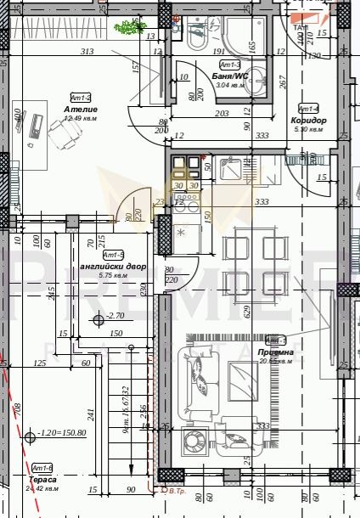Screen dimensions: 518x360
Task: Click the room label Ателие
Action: (81, 110)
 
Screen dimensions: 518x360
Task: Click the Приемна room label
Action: (277, 352)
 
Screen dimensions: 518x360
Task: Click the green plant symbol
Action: (129, 28)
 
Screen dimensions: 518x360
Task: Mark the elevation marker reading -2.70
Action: (110, 317)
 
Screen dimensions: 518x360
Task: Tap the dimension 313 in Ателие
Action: (86, 52)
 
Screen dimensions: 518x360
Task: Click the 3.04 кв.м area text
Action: (230, 85)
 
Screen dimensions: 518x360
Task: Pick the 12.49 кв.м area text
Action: (81, 119)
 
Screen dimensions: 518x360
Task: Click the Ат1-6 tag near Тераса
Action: (42, 469)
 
